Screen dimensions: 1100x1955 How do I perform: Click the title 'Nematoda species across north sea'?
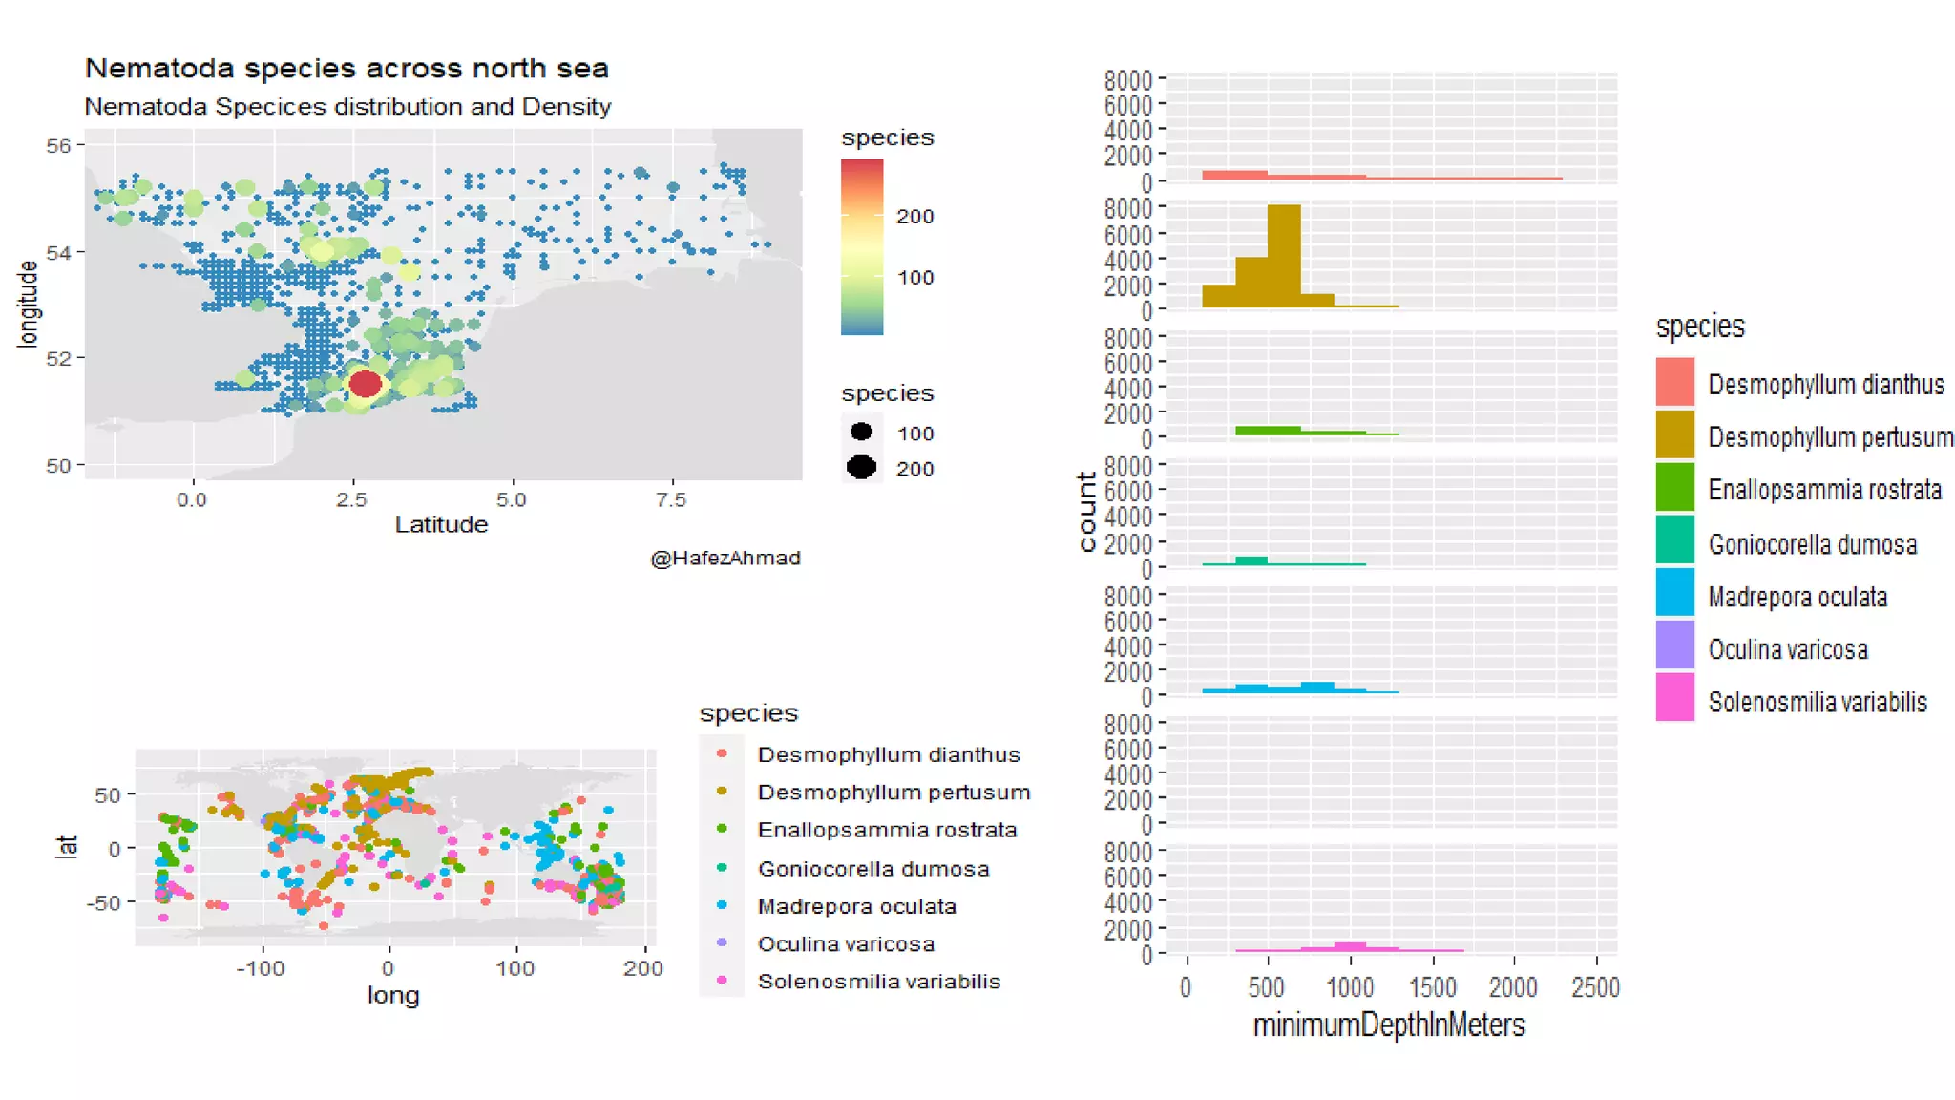347,69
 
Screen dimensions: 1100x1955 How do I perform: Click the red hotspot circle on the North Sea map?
365,384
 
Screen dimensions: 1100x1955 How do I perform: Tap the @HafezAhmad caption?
725,558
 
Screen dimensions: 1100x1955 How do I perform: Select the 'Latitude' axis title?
441,524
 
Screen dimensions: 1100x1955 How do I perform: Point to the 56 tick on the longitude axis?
58,146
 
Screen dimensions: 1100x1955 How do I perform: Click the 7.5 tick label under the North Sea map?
671,500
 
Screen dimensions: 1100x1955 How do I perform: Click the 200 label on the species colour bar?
914,217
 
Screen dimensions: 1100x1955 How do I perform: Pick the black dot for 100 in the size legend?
861,432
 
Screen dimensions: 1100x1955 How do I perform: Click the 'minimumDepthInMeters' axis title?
1388,1026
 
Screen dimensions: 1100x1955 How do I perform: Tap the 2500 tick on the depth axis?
1595,987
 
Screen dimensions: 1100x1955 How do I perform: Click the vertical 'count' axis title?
1086,512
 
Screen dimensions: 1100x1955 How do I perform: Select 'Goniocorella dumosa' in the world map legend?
872,869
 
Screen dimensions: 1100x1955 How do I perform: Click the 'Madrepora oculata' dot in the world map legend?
722,905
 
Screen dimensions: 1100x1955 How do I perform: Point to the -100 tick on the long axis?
261,968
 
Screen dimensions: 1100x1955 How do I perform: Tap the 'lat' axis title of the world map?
66,846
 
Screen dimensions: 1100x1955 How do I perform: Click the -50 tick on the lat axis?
103,902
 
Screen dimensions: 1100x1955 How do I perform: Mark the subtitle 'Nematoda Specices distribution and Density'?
347,107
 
